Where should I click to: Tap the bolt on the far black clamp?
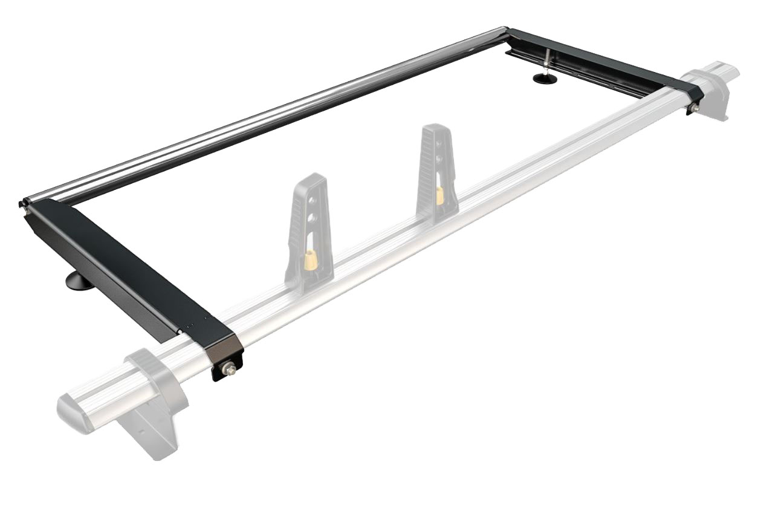(696, 108)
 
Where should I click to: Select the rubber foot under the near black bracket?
(80, 281)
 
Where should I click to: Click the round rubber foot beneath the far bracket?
(545, 79)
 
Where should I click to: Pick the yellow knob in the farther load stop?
(440, 195)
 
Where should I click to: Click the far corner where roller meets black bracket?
(506, 31)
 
